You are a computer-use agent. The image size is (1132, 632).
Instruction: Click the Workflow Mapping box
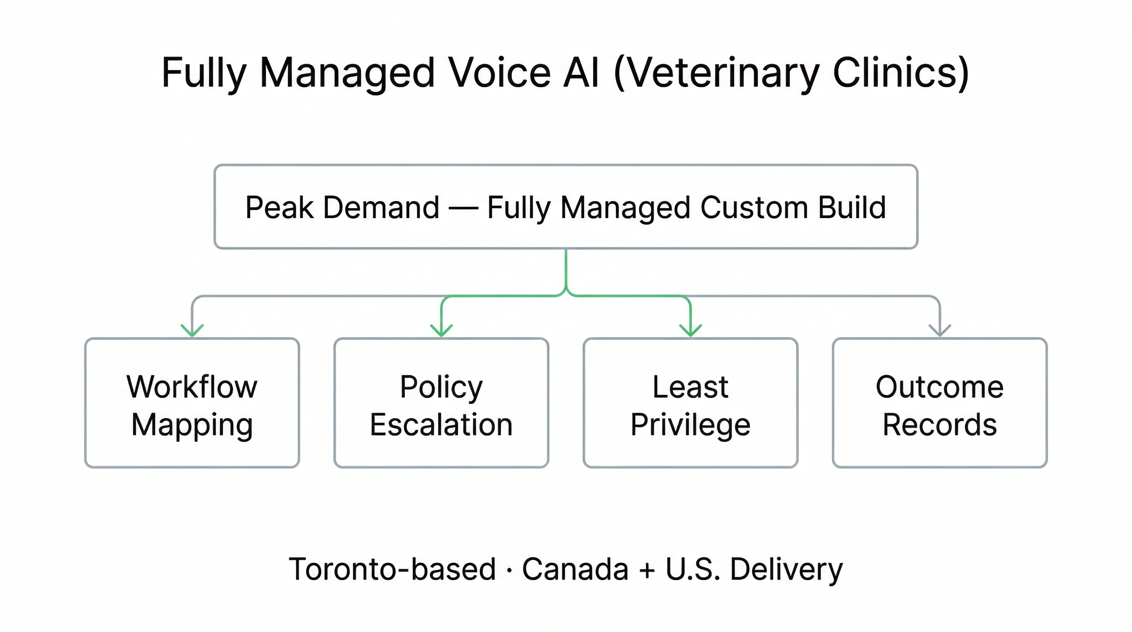192,402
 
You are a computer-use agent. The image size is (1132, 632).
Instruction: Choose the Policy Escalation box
441,402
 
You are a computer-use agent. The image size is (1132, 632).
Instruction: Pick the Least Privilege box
690,402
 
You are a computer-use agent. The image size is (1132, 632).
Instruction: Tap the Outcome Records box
939,402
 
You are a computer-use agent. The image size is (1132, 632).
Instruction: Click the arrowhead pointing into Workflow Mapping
192,330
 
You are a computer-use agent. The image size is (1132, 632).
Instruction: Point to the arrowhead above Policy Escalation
441,330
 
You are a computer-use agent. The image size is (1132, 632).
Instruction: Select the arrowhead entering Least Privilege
690,330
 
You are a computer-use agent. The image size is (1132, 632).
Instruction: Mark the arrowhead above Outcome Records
939,330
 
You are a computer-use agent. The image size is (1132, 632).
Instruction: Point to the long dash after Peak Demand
463,208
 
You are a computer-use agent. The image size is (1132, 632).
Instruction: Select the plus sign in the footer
647,570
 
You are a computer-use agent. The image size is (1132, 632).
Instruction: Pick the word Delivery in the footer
786,569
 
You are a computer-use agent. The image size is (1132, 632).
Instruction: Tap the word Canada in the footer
575,569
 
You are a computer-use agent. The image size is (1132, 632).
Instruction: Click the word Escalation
441,425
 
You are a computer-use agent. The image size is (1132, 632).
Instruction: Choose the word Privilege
690,425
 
